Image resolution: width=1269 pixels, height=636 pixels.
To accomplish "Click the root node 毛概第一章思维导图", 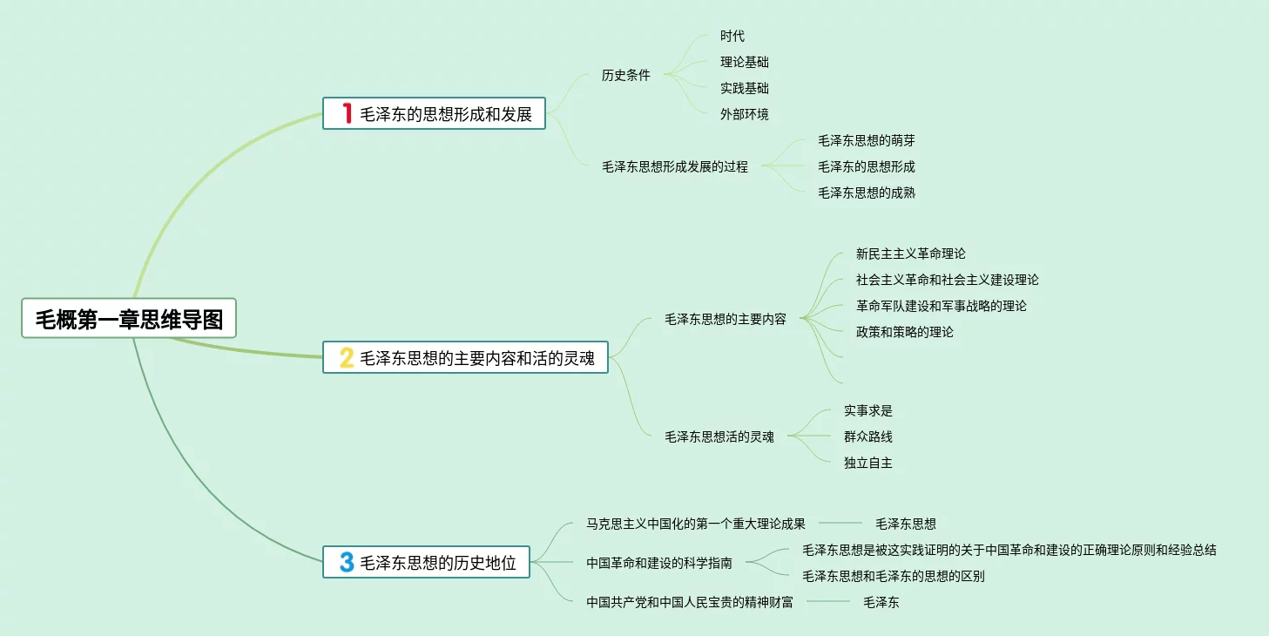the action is click(x=129, y=319).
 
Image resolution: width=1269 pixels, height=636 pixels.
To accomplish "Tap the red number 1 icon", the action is click(x=346, y=113).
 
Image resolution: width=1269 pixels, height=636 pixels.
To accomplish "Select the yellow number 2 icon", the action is click(x=346, y=357).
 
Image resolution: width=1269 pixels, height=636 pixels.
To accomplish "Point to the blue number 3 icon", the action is click(x=346, y=562).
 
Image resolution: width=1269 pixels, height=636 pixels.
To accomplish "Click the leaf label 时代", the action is click(x=732, y=36).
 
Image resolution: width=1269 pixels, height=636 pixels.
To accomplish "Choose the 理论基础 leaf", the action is click(x=744, y=62).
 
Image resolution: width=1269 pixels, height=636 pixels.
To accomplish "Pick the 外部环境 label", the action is click(x=744, y=114).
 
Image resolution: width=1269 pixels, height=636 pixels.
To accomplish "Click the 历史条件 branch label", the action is click(x=625, y=75).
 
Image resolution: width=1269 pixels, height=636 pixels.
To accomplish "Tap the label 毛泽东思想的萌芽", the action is click(x=866, y=140).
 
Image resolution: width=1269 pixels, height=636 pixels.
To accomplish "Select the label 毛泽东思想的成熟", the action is click(x=866, y=193).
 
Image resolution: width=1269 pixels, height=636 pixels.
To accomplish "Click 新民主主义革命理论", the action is click(x=910, y=254).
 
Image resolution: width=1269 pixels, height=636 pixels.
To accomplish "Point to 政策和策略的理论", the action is click(x=904, y=332).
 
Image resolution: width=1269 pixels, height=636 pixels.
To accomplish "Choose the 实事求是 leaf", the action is click(x=867, y=410).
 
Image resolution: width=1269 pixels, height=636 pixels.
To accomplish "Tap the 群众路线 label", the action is click(x=867, y=436).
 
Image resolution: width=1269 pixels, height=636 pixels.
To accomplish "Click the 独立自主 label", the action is click(x=867, y=463).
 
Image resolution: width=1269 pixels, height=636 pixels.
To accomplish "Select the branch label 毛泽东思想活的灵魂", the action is click(x=719, y=436).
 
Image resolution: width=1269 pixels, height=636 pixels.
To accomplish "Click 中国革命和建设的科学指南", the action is click(x=658, y=563).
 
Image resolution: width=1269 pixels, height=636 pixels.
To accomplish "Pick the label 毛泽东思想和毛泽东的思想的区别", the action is click(x=893, y=576).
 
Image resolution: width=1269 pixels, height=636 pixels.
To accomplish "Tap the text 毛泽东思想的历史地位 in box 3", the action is click(x=438, y=563).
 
